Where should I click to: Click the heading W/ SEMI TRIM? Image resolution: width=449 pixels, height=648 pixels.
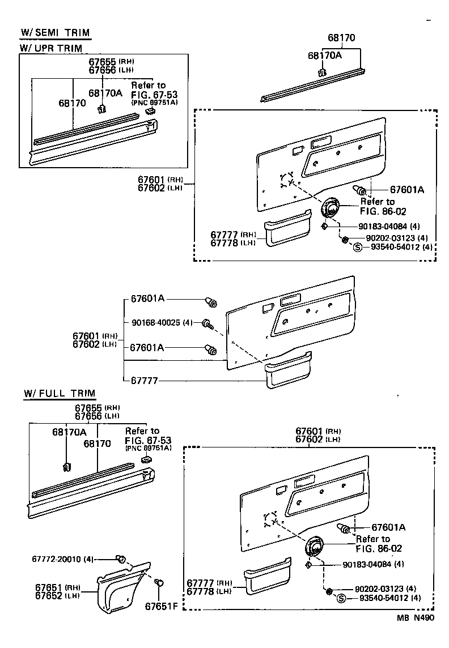click(55, 32)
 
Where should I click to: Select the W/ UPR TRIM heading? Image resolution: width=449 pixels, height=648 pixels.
click(51, 48)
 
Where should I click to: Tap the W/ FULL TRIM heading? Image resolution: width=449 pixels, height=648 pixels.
click(60, 393)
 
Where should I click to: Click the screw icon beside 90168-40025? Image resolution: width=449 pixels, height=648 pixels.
click(207, 324)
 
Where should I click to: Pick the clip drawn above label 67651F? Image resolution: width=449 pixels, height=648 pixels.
click(160, 582)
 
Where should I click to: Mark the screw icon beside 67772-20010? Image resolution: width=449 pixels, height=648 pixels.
click(120, 559)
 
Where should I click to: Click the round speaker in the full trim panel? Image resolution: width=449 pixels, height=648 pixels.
click(313, 549)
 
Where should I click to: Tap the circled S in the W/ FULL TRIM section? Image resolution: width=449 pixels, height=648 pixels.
click(341, 598)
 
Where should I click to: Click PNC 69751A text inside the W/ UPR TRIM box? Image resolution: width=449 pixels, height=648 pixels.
click(154, 103)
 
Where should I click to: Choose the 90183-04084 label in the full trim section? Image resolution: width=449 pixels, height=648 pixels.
click(373, 564)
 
